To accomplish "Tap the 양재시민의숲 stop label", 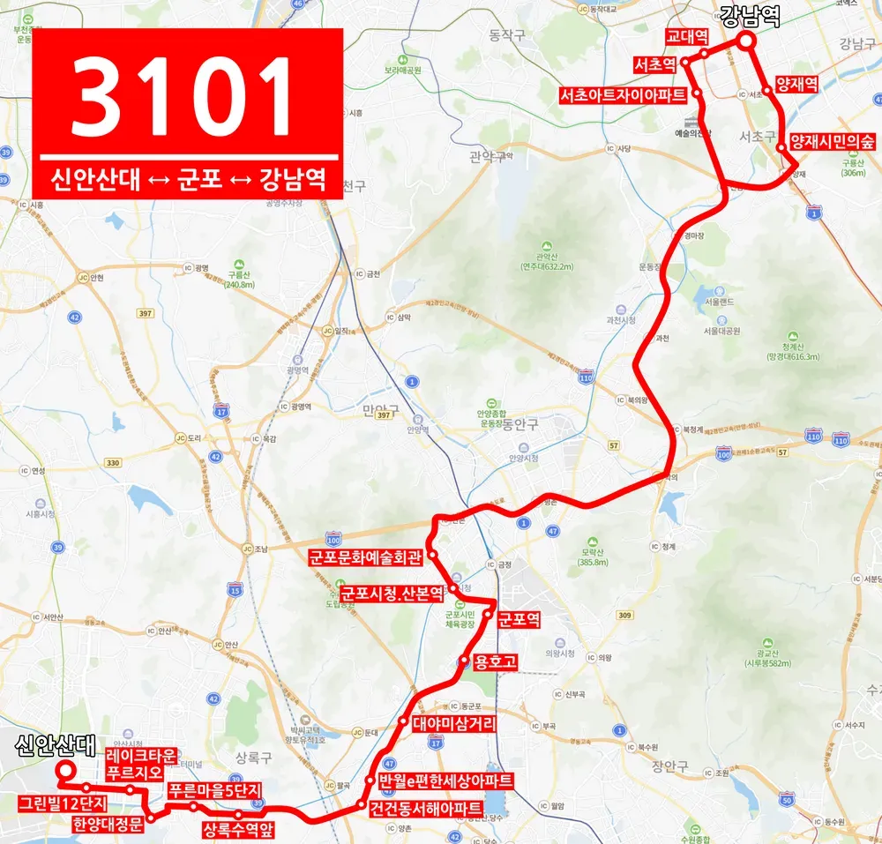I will click(x=833, y=141).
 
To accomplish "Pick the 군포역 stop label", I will click(x=519, y=619).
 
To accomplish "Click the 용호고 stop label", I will click(x=494, y=660).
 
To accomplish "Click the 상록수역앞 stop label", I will click(x=239, y=829).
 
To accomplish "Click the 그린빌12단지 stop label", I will click(x=63, y=803).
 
